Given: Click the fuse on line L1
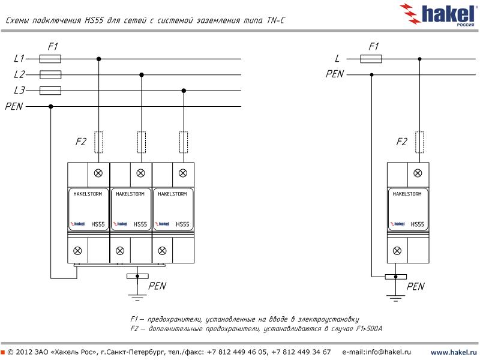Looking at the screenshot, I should pos(50,59).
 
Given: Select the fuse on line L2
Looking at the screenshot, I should pos(50,75).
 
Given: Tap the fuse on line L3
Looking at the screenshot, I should pos(50,91).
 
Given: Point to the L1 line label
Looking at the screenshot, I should pos(19,59).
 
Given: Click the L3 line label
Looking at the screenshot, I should pos(19,91).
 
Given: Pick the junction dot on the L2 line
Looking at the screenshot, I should pos(141,75).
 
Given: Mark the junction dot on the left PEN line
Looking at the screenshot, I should pos(50,106).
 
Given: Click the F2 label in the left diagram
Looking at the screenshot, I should pos(80,142).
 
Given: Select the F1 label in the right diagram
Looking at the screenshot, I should pos(373,46).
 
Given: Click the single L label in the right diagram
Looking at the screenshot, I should pos(337,59).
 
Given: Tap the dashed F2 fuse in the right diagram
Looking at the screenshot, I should pos(419,142).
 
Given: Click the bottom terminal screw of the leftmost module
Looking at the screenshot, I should pos(78,250).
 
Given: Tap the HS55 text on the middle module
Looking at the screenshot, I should pos(140,224).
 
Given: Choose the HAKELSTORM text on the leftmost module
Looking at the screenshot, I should pos(88,195).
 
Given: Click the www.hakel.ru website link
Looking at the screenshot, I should pos(454,352).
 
